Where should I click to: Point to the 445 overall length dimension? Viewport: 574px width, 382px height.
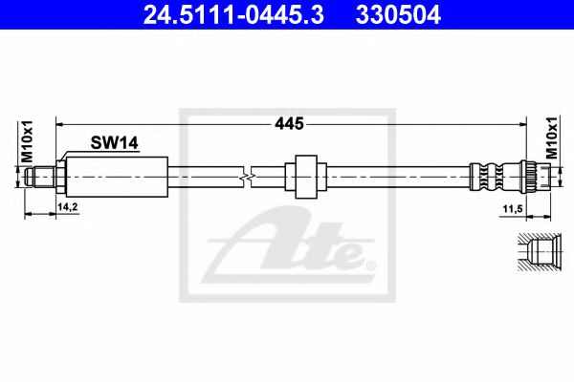click(x=289, y=123)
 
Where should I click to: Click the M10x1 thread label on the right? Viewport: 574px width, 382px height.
click(x=551, y=140)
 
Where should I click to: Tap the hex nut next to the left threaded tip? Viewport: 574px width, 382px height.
click(x=59, y=176)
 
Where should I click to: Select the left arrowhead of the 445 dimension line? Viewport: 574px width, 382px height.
click(x=60, y=123)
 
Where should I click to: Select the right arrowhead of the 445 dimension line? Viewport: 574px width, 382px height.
click(x=524, y=123)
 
